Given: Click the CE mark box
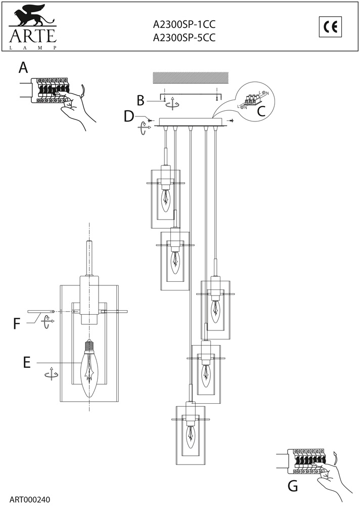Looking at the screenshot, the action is (331, 27).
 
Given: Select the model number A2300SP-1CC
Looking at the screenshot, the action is (184, 24).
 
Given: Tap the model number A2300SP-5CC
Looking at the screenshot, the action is (184, 38).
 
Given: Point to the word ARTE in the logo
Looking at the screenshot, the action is (33, 35).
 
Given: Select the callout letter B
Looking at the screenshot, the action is (141, 100).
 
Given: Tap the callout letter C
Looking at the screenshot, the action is (261, 111).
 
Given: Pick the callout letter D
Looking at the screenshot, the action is (129, 116).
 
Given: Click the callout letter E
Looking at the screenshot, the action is (27, 362).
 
